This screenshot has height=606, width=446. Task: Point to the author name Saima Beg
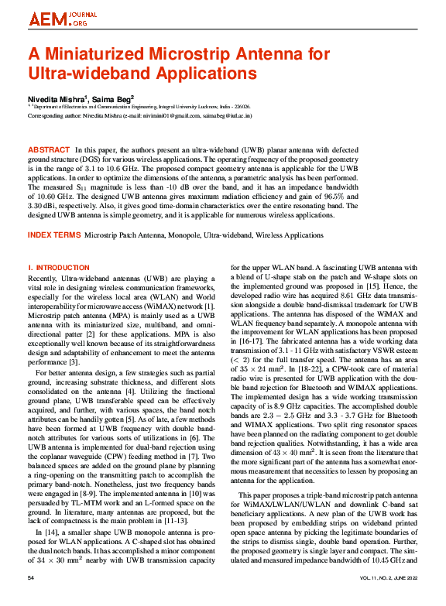click(112, 100)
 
